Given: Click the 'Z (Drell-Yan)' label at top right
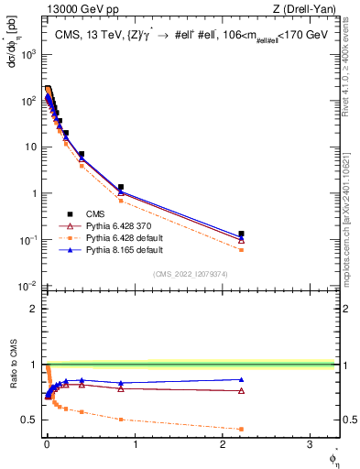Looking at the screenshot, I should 304,9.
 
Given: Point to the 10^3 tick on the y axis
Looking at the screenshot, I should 29,53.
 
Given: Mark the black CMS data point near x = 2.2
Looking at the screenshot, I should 241,234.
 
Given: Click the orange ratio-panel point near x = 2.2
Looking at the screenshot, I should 241,429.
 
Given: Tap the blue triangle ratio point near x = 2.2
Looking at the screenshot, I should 241,379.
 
